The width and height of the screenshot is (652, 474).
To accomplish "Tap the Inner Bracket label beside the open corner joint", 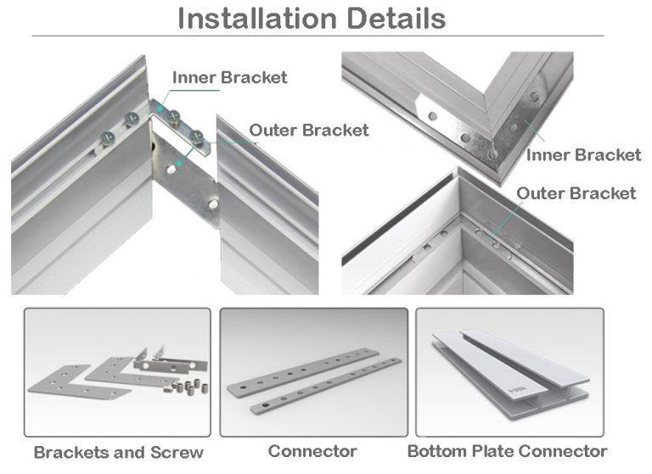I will tap(230, 78).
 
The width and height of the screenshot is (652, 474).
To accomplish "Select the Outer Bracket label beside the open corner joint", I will tap(309, 130).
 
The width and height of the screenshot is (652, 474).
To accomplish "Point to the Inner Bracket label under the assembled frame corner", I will tap(584, 154).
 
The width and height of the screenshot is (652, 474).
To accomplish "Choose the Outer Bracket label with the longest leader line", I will tap(576, 193).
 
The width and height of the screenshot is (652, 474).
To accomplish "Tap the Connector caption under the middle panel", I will tap(312, 451).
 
